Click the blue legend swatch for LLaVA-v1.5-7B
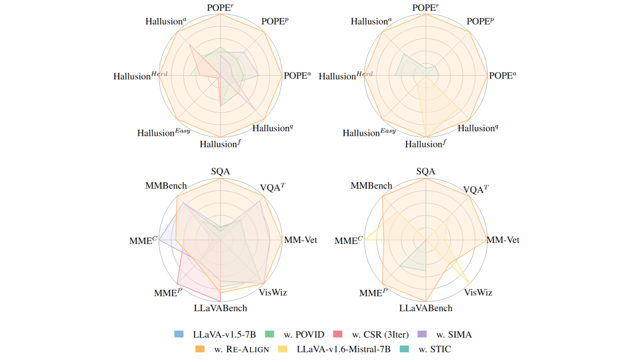coord(179,334)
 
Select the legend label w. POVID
coord(304,334)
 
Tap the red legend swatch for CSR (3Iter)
coord(338,334)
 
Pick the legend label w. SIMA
coord(454,334)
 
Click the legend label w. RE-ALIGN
coord(241,349)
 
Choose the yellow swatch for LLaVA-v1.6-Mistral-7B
coord(283,349)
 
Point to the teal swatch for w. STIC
coord(404,349)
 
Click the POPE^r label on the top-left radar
coord(220,8)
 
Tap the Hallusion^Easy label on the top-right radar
coord(369,132)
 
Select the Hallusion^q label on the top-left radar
coord(272,128)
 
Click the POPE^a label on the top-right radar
coord(502,75)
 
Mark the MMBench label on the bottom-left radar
coord(166,186)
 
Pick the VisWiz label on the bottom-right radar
coord(478,292)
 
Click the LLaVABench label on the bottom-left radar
coord(220,308)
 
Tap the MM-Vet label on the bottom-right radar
coord(503,240)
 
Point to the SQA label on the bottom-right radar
coord(426,171)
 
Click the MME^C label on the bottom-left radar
coord(143,240)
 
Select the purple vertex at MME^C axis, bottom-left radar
coord(159,240)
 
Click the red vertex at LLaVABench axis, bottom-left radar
coord(220,301)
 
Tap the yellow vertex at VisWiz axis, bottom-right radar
coord(469,283)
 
